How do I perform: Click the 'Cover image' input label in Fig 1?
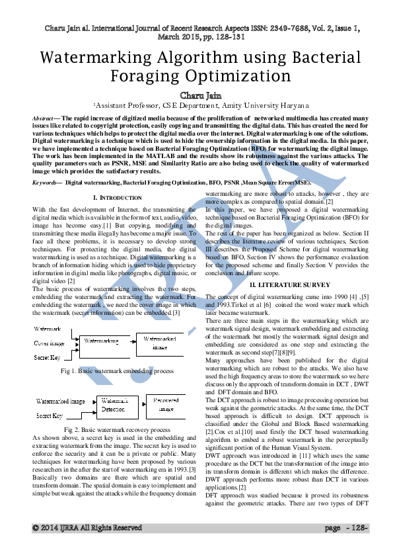[x=50, y=343]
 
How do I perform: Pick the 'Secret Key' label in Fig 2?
[x=48, y=416]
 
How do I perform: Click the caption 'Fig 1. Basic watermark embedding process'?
[x=117, y=371]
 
